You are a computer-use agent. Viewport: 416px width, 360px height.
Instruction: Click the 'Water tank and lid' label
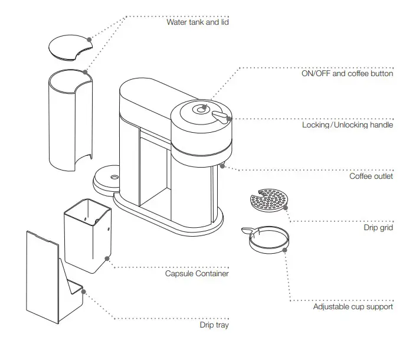coord(198,22)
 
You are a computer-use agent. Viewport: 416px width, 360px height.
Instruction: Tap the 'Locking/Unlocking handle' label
coord(347,125)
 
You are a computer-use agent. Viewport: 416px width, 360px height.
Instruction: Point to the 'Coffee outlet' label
coord(371,176)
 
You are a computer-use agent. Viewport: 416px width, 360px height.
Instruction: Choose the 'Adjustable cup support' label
coord(353,306)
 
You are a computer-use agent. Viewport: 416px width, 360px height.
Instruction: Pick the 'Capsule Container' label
coord(197,274)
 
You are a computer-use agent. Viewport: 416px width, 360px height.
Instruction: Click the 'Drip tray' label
coord(214,325)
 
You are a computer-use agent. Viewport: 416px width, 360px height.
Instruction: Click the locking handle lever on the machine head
coord(221,116)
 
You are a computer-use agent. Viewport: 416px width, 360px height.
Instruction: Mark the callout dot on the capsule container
coord(106,258)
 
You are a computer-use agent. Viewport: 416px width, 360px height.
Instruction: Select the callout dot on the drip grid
coord(286,206)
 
